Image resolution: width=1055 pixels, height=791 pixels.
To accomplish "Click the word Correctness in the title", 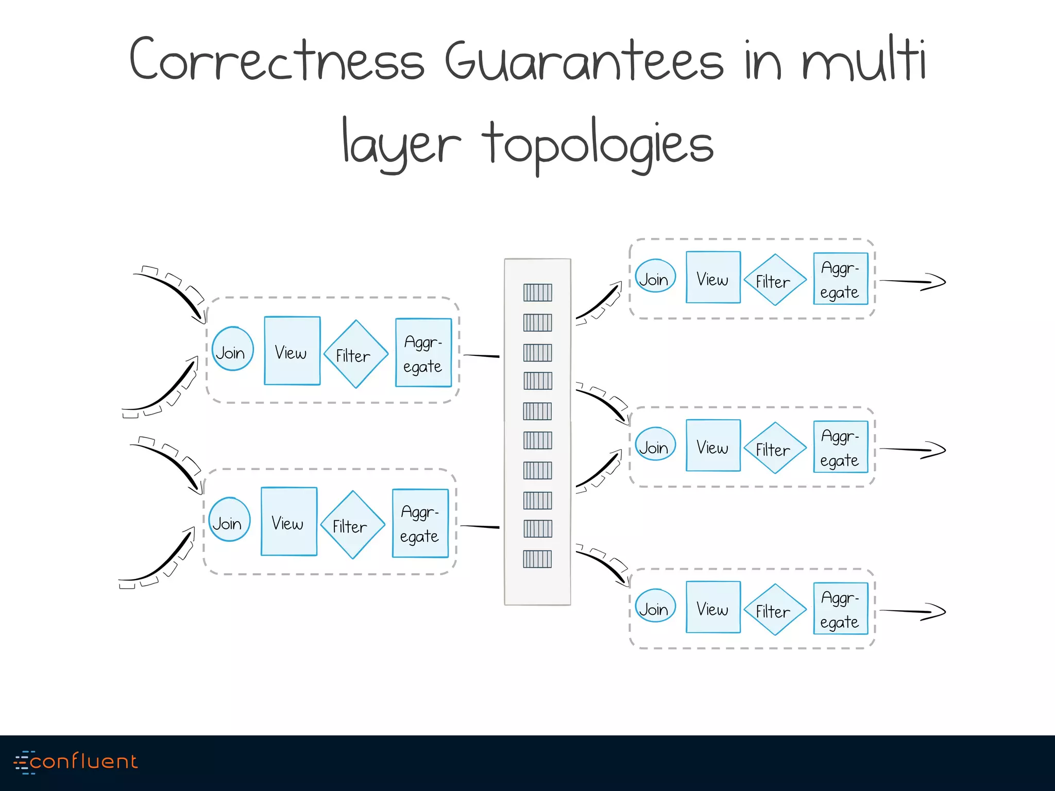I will (276, 60).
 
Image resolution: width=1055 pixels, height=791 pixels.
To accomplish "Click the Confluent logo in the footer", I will (76, 762).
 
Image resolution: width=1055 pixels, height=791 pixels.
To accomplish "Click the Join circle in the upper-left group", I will (232, 349).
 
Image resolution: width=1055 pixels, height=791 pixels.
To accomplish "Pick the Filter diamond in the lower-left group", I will (352, 525).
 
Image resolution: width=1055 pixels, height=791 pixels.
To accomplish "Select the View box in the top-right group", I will (713, 278).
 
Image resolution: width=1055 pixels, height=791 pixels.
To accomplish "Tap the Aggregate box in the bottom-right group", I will (840, 609).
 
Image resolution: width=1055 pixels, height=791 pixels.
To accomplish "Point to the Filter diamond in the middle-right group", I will (775, 448).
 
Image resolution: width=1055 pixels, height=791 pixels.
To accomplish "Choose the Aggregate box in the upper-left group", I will (423, 353).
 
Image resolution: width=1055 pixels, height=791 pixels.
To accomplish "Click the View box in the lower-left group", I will (288, 522).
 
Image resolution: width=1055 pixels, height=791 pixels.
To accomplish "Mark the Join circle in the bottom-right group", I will (655, 606).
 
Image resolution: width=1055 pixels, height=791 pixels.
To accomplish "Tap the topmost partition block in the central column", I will (537, 293).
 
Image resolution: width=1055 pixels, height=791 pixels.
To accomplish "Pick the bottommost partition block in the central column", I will (537, 559).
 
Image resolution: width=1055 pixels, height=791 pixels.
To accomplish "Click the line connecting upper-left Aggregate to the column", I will (481, 356).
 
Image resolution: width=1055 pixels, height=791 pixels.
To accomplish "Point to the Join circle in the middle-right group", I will (655, 444).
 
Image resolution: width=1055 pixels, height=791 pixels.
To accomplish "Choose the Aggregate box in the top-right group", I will (840, 279).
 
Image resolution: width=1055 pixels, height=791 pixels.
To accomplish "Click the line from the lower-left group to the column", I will (479, 526).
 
